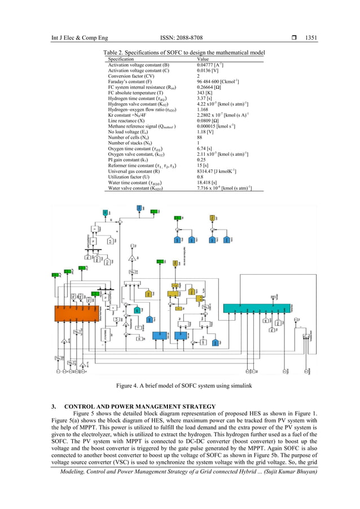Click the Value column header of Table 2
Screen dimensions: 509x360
203,59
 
